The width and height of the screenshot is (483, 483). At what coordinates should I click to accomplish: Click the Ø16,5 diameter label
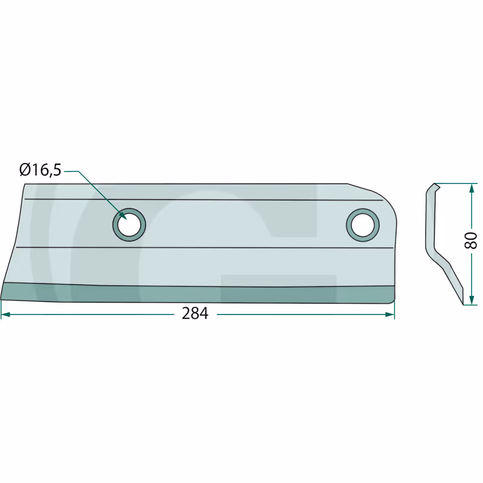pyautogui.click(x=40, y=170)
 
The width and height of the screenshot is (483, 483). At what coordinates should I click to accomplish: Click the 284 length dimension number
pyautogui.click(x=195, y=314)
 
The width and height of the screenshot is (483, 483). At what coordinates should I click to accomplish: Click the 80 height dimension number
pyautogui.click(x=471, y=240)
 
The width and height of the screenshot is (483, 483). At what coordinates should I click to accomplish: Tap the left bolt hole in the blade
pyautogui.click(x=129, y=225)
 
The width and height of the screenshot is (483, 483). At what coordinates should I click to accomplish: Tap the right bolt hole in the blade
pyautogui.click(x=363, y=225)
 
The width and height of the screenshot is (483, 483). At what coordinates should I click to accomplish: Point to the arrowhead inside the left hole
pyautogui.click(x=123, y=216)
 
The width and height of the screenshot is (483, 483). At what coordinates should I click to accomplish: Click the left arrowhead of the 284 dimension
pyautogui.click(x=5, y=315)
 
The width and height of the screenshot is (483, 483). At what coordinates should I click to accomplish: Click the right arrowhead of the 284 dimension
pyautogui.click(x=389, y=315)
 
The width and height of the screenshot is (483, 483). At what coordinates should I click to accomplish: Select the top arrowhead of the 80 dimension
pyautogui.click(x=472, y=188)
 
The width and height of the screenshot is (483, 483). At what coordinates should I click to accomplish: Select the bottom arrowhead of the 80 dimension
pyautogui.click(x=472, y=300)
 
